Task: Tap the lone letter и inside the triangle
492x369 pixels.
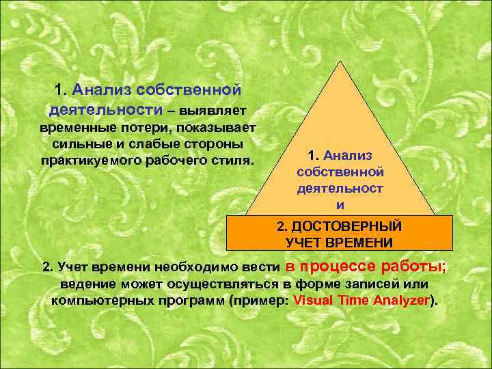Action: [340, 204]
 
